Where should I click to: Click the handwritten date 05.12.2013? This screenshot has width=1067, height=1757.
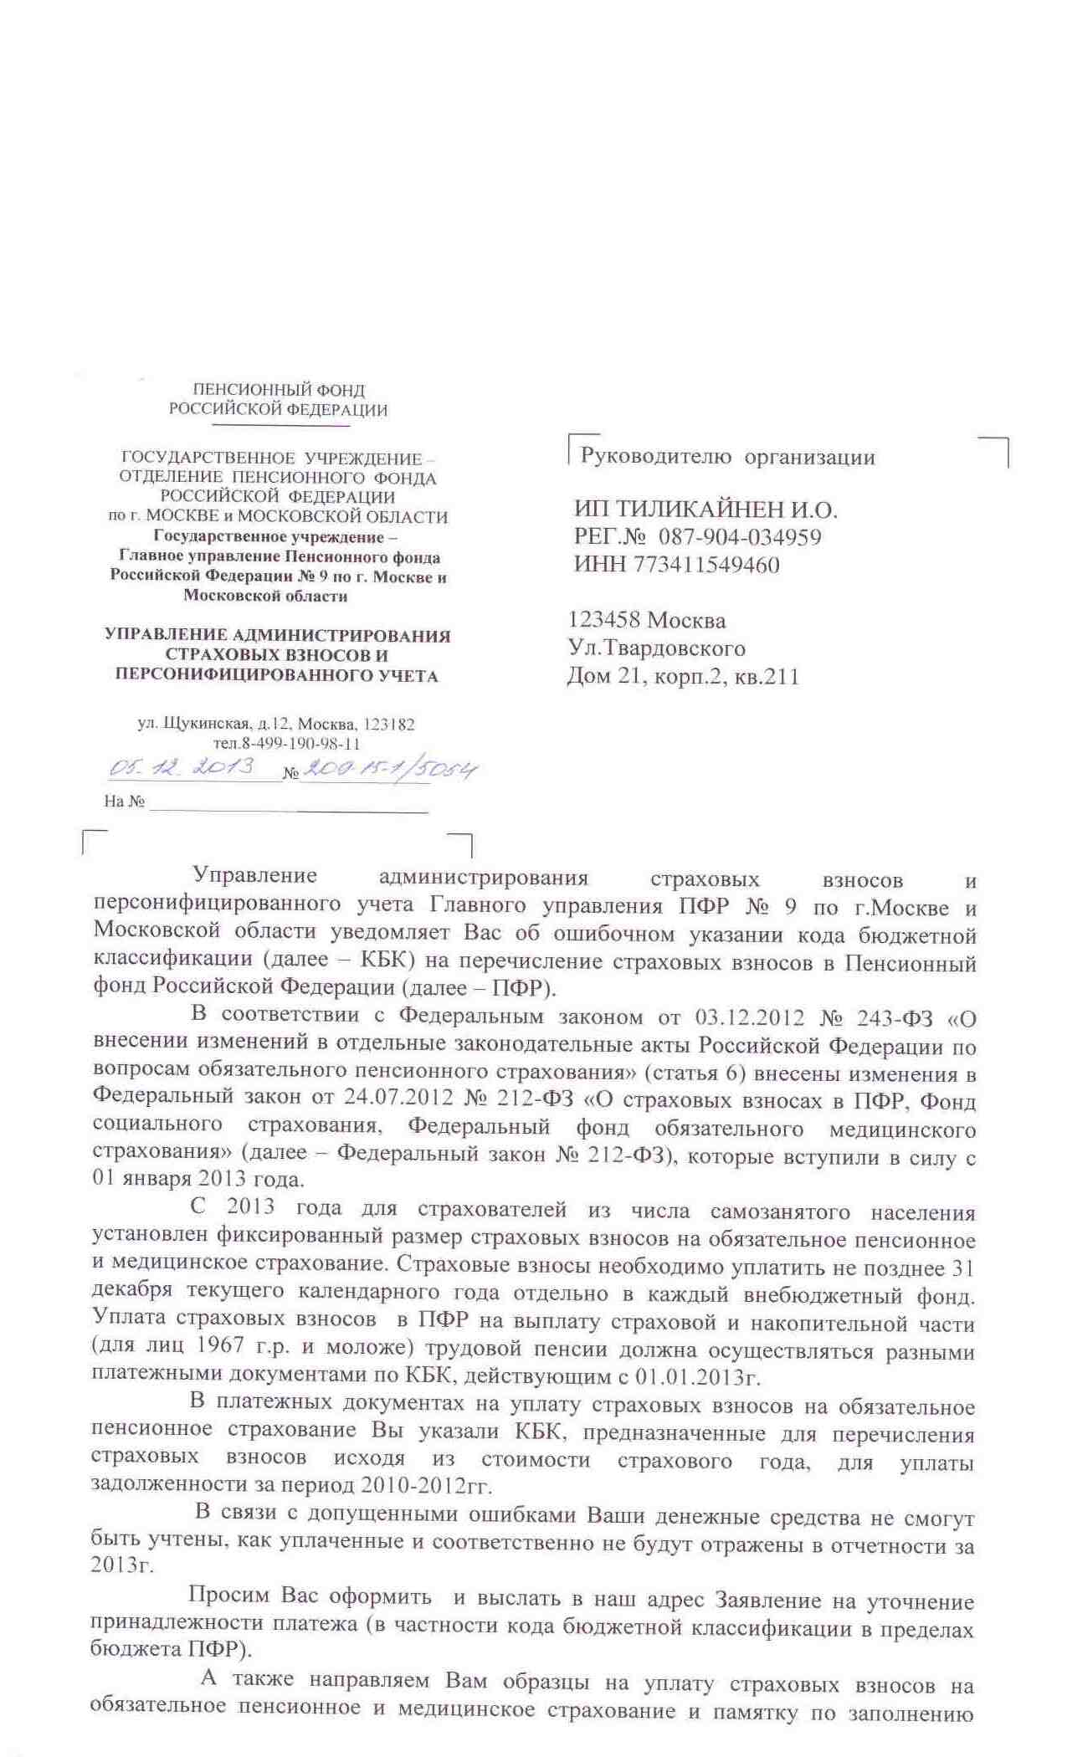[x=182, y=766]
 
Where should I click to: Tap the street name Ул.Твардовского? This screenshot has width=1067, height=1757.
[x=656, y=648]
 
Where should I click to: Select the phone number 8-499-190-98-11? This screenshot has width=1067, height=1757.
[x=300, y=744]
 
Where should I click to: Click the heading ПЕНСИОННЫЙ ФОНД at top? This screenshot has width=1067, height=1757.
[x=279, y=390]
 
